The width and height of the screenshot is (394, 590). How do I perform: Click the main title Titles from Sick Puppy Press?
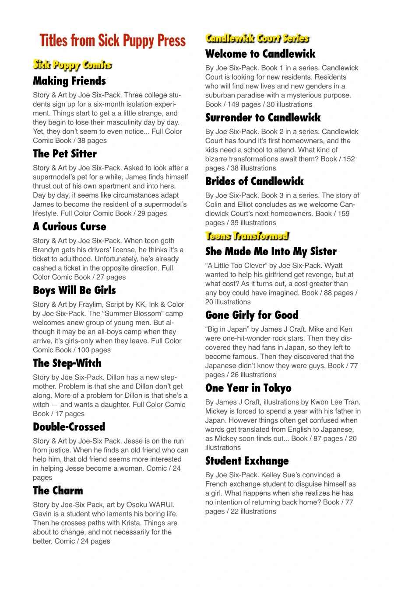click(x=113, y=41)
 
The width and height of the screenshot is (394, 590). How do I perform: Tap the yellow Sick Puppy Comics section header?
click(x=73, y=65)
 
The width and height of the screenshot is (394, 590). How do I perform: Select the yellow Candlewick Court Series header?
click(x=257, y=38)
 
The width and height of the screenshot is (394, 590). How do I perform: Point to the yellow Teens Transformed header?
click(x=247, y=236)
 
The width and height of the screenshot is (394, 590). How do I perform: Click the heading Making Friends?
click(x=69, y=81)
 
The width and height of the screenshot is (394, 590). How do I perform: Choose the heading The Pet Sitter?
click(x=65, y=154)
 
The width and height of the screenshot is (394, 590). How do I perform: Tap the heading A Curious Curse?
click(x=70, y=226)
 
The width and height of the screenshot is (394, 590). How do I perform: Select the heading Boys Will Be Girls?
click(x=74, y=291)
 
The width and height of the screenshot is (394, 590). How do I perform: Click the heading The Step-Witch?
click(x=67, y=363)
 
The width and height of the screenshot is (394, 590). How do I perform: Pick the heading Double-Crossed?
click(x=69, y=427)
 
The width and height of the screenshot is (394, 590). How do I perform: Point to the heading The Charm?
click(x=58, y=491)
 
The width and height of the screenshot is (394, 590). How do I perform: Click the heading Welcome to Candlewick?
click(x=260, y=54)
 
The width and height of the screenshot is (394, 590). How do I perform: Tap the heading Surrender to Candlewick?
click(x=263, y=118)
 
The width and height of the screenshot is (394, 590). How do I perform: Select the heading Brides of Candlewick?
click(x=254, y=181)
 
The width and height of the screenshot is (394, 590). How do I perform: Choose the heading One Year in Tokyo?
click(x=248, y=388)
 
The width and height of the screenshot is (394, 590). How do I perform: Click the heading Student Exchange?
click(x=247, y=461)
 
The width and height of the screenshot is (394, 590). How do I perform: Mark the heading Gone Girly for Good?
click(x=252, y=315)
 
